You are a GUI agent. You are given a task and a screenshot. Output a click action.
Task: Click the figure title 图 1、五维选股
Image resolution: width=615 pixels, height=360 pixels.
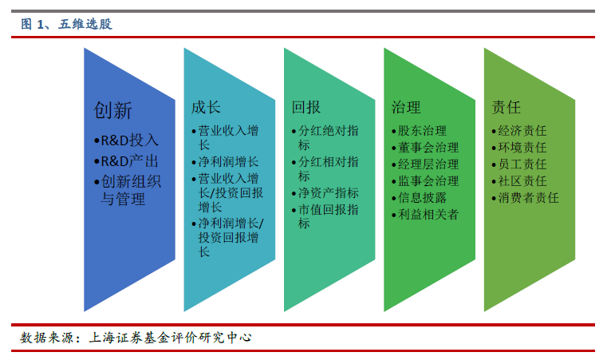click(66, 24)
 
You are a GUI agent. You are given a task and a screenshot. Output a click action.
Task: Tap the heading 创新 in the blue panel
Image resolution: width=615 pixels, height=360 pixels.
click(112, 110)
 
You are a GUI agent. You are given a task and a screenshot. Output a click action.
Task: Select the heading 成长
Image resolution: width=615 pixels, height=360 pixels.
click(206, 107)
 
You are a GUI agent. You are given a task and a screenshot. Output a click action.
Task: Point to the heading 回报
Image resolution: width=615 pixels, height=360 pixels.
click(306, 107)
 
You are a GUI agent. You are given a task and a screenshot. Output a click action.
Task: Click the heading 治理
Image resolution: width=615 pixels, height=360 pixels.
click(406, 107)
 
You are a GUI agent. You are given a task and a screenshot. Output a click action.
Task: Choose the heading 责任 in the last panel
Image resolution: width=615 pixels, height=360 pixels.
click(506, 107)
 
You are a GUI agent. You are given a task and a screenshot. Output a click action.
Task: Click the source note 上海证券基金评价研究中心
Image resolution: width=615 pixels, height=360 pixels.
click(170, 338)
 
